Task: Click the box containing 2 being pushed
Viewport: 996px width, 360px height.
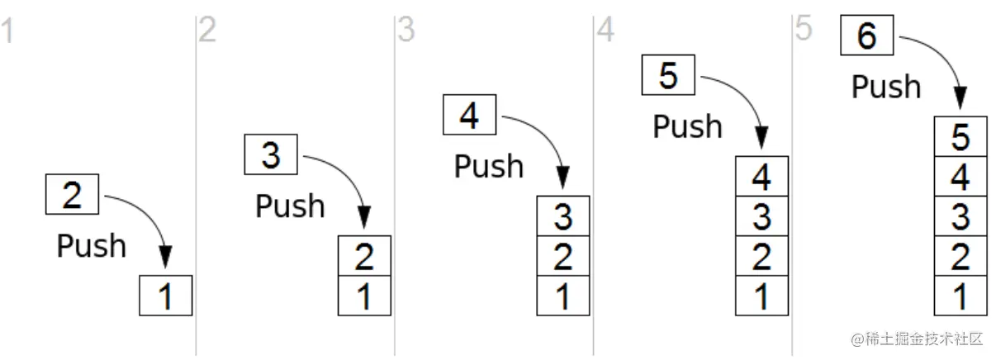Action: click(73, 195)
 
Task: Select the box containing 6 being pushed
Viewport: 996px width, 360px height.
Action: click(866, 36)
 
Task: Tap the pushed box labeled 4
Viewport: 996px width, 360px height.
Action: click(469, 116)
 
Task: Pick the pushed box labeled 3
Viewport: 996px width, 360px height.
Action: click(271, 155)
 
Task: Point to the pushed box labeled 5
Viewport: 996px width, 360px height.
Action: click(668, 76)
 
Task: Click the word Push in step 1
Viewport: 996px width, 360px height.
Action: click(91, 245)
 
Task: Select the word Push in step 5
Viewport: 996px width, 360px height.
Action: click(885, 86)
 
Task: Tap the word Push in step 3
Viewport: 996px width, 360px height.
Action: click(488, 166)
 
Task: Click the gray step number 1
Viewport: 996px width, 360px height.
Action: click(7, 31)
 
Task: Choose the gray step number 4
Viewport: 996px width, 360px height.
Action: click(605, 31)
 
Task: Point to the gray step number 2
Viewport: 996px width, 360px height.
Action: click(206, 31)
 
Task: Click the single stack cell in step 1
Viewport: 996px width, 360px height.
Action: click(166, 296)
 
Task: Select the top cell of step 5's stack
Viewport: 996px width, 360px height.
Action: click(960, 137)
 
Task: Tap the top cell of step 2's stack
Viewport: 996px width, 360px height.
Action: click(364, 256)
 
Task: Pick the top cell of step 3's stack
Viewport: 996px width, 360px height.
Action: click(563, 216)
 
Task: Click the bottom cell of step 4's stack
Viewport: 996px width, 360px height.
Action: click(761, 296)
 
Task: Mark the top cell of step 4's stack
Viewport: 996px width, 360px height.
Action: click(761, 177)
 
